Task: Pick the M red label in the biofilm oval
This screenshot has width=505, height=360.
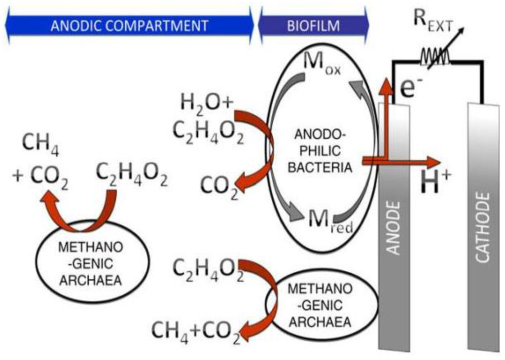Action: point(323,218)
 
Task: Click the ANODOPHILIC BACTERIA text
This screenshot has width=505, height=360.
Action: point(320,150)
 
